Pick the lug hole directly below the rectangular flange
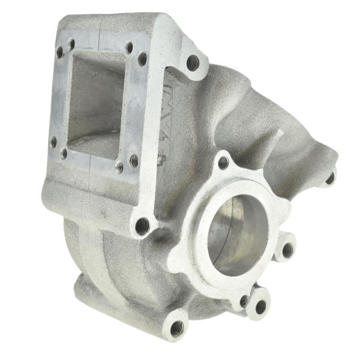[x=142, y=226]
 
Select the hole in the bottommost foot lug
[x=175, y=328]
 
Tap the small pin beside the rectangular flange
[x=161, y=160]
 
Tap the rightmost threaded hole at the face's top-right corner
[x=143, y=59]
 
